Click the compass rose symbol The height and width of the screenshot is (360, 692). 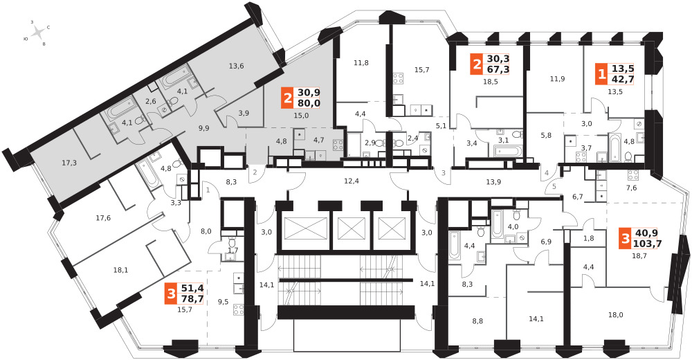click(38, 33)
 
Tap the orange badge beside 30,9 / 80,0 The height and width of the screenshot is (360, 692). click(287, 98)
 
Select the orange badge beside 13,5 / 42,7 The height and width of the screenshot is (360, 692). click(601, 74)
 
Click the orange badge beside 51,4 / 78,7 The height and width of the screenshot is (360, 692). click(171, 295)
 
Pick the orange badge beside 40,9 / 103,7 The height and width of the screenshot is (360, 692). click(625, 239)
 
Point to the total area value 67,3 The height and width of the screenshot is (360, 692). click(498, 69)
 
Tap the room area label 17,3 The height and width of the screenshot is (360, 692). click(69, 163)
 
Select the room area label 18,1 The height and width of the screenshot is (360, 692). click(120, 269)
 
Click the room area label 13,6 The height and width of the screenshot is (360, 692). click(237, 66)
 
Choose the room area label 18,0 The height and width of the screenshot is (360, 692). click(616, 315)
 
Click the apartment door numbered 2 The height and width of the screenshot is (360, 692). click(255, 172)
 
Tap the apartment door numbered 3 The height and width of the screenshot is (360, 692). click(444, 172)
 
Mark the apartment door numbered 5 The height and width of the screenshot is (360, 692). click(554, 186)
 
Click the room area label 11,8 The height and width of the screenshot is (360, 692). click(361, 63)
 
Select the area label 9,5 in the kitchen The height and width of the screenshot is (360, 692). click(224, 303)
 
